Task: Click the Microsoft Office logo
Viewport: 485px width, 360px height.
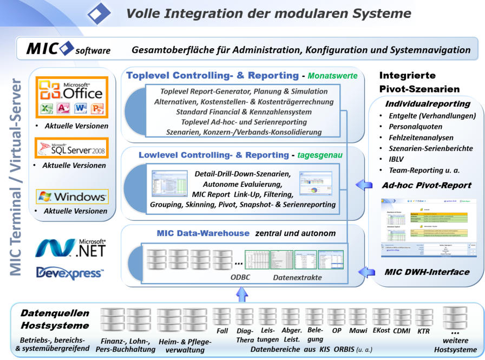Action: [x=72, y=97]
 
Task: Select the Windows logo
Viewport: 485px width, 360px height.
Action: [x=72, y=197]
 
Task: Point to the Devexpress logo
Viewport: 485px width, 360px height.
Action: [x=70, y=273]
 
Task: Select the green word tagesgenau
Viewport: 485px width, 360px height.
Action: [x=320, y=156]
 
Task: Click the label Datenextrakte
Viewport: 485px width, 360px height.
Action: [x=297, y=277]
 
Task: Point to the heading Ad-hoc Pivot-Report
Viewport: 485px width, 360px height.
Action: [x=426, y=185]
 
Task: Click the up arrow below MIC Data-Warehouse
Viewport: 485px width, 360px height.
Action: [x=243, y=294]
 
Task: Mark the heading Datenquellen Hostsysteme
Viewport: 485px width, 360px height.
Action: [x=55, y=319]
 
